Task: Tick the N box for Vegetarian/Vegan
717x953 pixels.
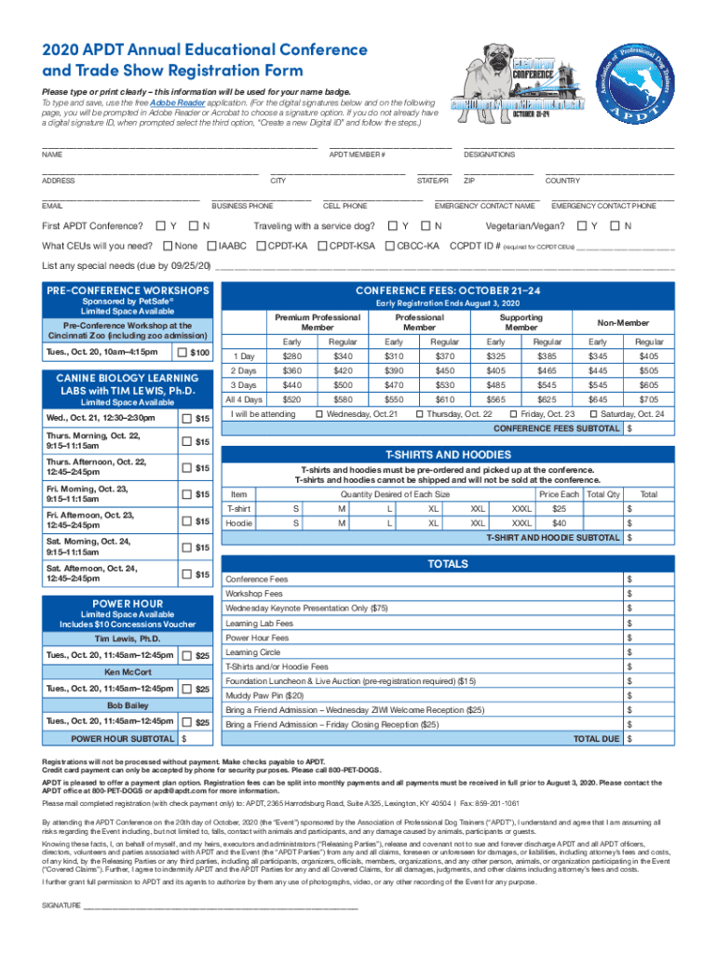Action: (x=614, y=226)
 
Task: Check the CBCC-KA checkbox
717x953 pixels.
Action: (x=390, y=247)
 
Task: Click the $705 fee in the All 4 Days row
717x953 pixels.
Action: (x=648, y=399)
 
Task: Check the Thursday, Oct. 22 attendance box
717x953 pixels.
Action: (x=420, y=414)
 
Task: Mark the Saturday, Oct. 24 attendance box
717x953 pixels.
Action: (x=594, y=414)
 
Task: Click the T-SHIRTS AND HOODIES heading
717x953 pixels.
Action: (x=448, y=454)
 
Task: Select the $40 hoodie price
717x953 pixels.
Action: (x=559, y=524)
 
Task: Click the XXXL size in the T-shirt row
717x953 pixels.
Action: (x=521, y=509)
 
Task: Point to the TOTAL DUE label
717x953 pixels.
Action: (x=596, y=738)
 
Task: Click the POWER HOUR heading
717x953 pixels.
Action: (x=128, y=603)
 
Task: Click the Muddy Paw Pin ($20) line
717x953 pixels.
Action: (x=264, y=695)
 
